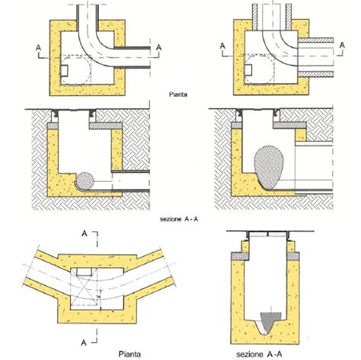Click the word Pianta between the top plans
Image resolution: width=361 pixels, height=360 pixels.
click(x=180, y=96)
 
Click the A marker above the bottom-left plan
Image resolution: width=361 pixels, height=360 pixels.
click(x=82, y=234)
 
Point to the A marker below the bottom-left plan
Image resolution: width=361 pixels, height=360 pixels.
click(x=82, y=332)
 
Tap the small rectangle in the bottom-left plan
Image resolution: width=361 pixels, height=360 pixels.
click(x=82, y=271)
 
